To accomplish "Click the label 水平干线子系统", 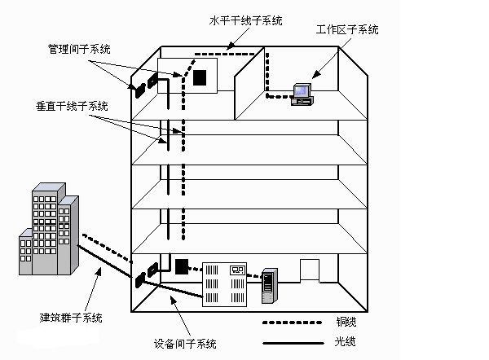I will [x=245, y=20].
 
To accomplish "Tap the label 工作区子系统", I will [x=346, y=30].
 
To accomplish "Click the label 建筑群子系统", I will [x=71, y=317].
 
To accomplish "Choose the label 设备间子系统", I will [x=185, y=343].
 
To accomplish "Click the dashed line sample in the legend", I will [x=289, y=323].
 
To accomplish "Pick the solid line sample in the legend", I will [x=289, y=340].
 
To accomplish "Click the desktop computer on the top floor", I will [x=302, y=92].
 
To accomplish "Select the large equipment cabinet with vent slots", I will [x=225, y=283].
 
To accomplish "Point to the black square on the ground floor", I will [x=181, y=266].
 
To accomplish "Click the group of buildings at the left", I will [x=49, y=228].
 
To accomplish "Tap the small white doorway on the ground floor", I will [x=311, y=270].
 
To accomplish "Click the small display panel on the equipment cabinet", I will [x=237, y=268].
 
